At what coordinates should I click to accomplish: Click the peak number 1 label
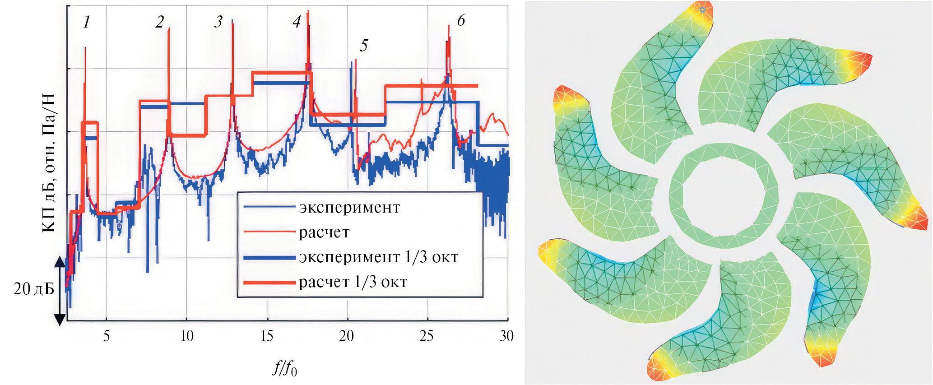pyautogui.click(x=87, y=22)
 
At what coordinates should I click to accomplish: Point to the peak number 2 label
pyautogui.click(x=159, y=22)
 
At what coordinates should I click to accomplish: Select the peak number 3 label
pyautogui.click(x=218, y=22)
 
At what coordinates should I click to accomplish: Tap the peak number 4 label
pyautogui.click(x=297, y=22)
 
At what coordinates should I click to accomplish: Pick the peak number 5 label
pyautogui.click(x=364, y=45)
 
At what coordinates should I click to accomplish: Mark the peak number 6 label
pyautogui.click(x=461, y=20)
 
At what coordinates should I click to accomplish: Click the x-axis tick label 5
pyautogui.click(x=107, y=336)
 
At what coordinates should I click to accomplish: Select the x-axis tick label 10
pyautogui.click(x=186, y=336)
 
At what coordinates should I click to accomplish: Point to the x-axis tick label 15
pyautogui.click(x=267, y=336)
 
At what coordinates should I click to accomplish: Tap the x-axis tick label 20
pyautogui.click(x=347, y=336)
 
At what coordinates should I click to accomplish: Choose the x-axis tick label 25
pyautogui.click(x=427, y=336)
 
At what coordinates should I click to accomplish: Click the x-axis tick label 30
pyautogui.click(x=507, y=336)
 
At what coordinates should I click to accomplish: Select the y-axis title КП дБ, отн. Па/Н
pyautogui.click(x=49, y=162)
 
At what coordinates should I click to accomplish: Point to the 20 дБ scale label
pyautogui.click(x=34, y=289)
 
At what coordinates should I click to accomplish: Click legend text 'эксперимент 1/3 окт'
pyautogui.click(x=378, y=257)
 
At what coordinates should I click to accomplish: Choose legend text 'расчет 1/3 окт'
pyautogui.click(x=353, y=282)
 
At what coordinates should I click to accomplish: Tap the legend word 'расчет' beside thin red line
pyautogui.click(x=324, y=232)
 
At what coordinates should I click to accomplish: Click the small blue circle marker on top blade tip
pyautogui.click(x=702, y=9)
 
